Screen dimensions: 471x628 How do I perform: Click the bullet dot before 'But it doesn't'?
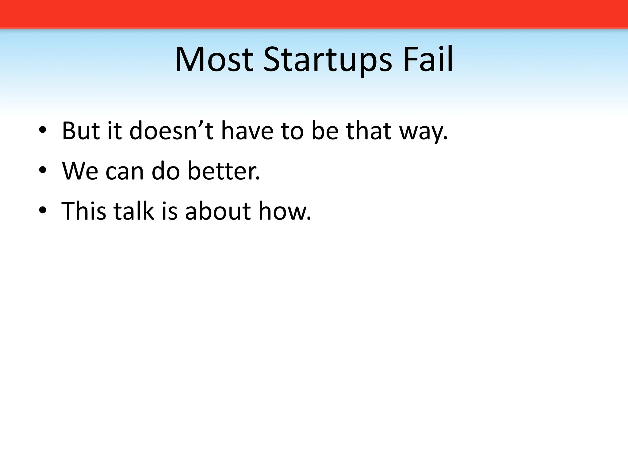click(x=43, y=132)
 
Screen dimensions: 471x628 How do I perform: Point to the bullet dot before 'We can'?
click(x=43, y=171)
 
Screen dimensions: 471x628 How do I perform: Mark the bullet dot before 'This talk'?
click(x=43, y=211)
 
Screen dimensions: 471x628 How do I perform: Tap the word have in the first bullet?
click(x=247, y=131)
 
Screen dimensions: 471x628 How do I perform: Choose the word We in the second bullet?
click(x=80, y=171)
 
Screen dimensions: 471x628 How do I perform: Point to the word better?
click(x=224, y=171)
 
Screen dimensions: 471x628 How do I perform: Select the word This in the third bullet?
click(x=84, y=211)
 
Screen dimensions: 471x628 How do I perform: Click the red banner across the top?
click(x=314, y=14)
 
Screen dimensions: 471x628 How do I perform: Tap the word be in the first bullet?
click(x=325, y=131)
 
